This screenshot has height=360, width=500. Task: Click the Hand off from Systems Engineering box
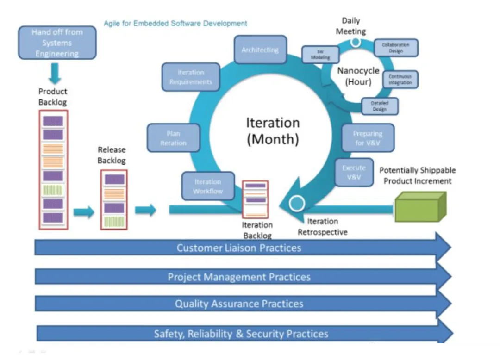pos(57,43)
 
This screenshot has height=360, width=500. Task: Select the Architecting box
pos(260,50)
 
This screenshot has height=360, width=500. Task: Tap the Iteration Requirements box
pos(191,77)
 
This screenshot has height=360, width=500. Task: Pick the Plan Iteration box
pos(173,138)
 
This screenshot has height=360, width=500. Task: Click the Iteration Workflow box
pos(208,186)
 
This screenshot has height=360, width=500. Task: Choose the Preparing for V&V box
pos(368,138)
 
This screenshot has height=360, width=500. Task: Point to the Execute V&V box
pos(354,172)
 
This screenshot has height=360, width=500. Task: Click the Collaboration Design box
pos(395,48)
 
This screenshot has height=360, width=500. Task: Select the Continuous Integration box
pos(400,80)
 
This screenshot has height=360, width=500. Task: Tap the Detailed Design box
pos(380,106)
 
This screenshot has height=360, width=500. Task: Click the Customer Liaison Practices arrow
pos(239,248)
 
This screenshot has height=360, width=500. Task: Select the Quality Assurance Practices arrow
pos(239,304)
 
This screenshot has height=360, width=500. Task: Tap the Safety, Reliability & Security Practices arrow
pos(241,334)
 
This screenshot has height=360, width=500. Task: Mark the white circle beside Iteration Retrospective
pos(297,203)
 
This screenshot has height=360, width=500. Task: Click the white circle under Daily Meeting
pos(356,42)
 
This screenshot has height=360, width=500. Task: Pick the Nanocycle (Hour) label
pos(358,76)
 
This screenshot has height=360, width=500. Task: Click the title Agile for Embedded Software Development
pos(175,23)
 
